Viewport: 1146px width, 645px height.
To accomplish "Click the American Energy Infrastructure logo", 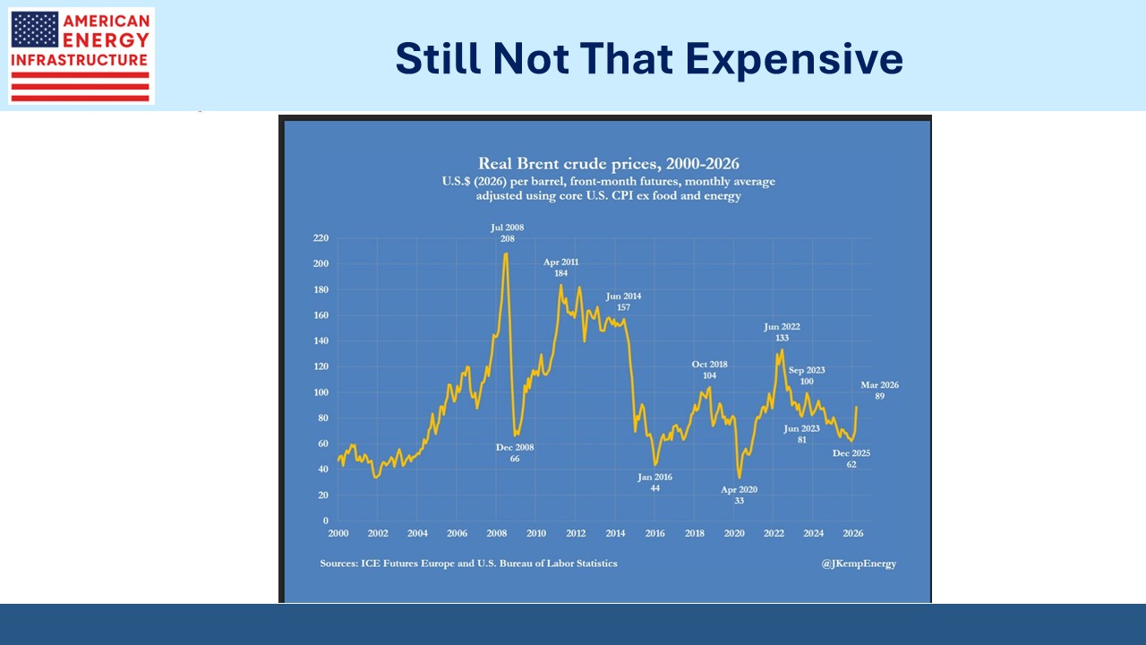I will tap(81, 56).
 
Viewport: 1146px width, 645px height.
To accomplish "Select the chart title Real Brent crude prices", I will tap(608, 163).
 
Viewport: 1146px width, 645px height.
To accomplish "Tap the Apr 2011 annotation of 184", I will tap(561, 267).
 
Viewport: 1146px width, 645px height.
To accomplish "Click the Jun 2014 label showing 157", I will tap(623, 301).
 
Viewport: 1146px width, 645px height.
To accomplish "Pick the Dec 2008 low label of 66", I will tap(515, 452).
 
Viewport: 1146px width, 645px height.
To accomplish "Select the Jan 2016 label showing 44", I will tap(654, 482).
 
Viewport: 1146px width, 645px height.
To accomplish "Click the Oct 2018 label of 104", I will tap(709, 370).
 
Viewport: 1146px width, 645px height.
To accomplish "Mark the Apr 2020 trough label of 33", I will tap(740, 494).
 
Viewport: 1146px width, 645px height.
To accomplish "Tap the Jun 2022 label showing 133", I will tap(782, 332).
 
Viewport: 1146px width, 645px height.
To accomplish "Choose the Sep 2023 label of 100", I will tap(807, 375).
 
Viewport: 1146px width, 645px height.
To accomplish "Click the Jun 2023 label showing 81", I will tap(802, 434).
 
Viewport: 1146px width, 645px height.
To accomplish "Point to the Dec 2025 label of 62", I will tap(851, 459).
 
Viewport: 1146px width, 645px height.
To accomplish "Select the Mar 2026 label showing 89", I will tap(879, 390).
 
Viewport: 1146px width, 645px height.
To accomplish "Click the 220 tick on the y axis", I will tap(321, 238).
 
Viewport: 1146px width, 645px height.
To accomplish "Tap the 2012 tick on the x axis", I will tap(576, 533).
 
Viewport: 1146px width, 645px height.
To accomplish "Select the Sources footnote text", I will tap(468, 563).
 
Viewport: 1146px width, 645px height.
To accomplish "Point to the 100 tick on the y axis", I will tap(321, 392).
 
